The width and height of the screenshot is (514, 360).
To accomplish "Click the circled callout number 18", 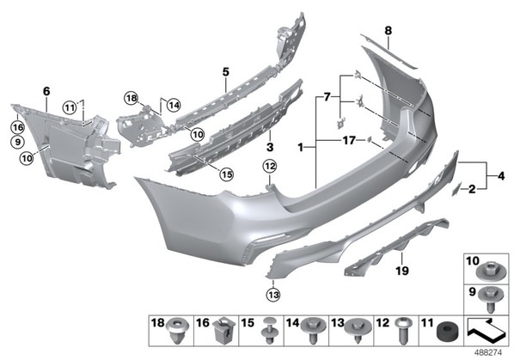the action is (132, 98).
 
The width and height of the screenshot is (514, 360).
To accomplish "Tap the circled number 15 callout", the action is (227, 174).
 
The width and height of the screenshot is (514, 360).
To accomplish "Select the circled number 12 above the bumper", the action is (270, 167).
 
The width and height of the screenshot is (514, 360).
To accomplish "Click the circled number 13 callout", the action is (274, 295).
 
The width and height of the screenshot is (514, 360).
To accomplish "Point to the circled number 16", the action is (18, 127).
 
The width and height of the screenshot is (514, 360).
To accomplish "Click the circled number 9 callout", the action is (18, 142).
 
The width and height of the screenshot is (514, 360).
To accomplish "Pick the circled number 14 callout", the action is (174, 105).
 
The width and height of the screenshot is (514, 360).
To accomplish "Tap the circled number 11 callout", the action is (70, 107).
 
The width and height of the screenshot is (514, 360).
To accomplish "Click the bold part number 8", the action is (389, 31).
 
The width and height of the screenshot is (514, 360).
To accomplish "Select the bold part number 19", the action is (402, 271).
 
